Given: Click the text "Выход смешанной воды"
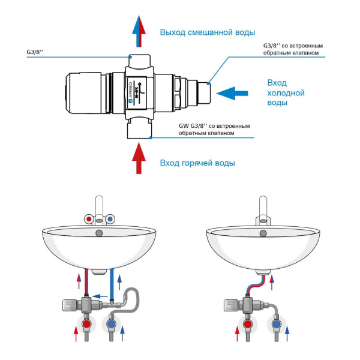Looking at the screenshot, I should [x=208, y=32].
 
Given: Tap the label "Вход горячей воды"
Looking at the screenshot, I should [x=197, y=163].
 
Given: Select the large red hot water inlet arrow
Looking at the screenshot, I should [x=139, y=158].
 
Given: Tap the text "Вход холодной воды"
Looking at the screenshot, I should [x=286, y=92].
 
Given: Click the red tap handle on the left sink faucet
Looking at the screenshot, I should [x=89, y=220].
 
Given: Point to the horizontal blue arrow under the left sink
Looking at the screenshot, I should [x=101, y=296].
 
